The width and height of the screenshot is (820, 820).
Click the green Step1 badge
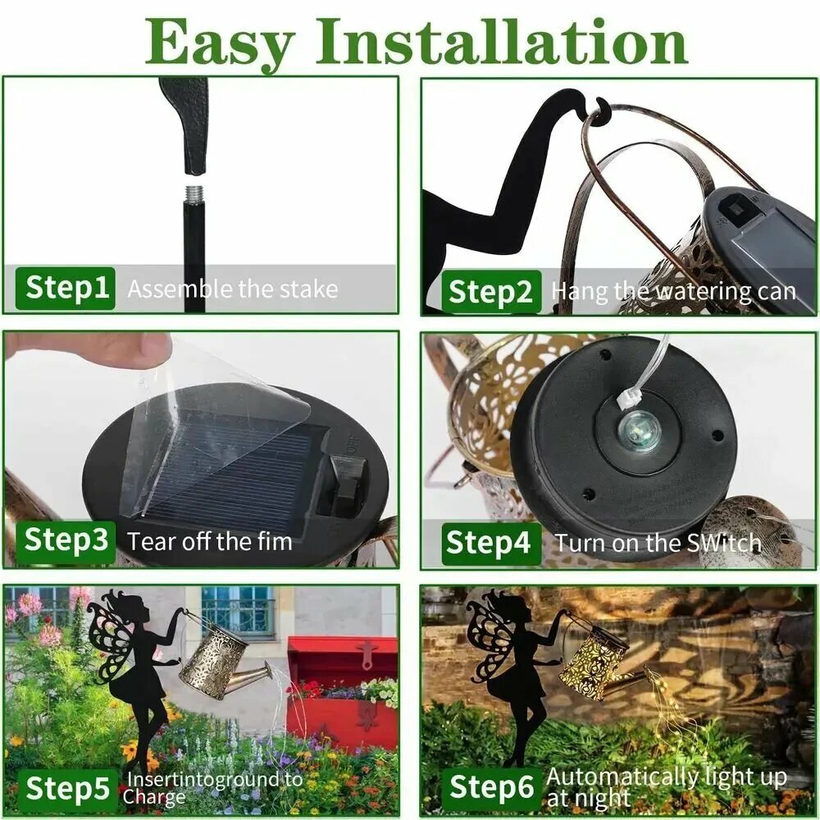click(x=66, y=288)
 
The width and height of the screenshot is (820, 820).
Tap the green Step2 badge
click(x=491, y=292)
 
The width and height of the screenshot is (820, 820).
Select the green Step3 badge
click(x=66, y=542)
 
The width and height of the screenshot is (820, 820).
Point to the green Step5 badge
click(x=66, y=789)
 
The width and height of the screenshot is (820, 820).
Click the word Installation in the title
click(x=502, y=42)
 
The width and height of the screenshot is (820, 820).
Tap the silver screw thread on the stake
click(x=194, y=194)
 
